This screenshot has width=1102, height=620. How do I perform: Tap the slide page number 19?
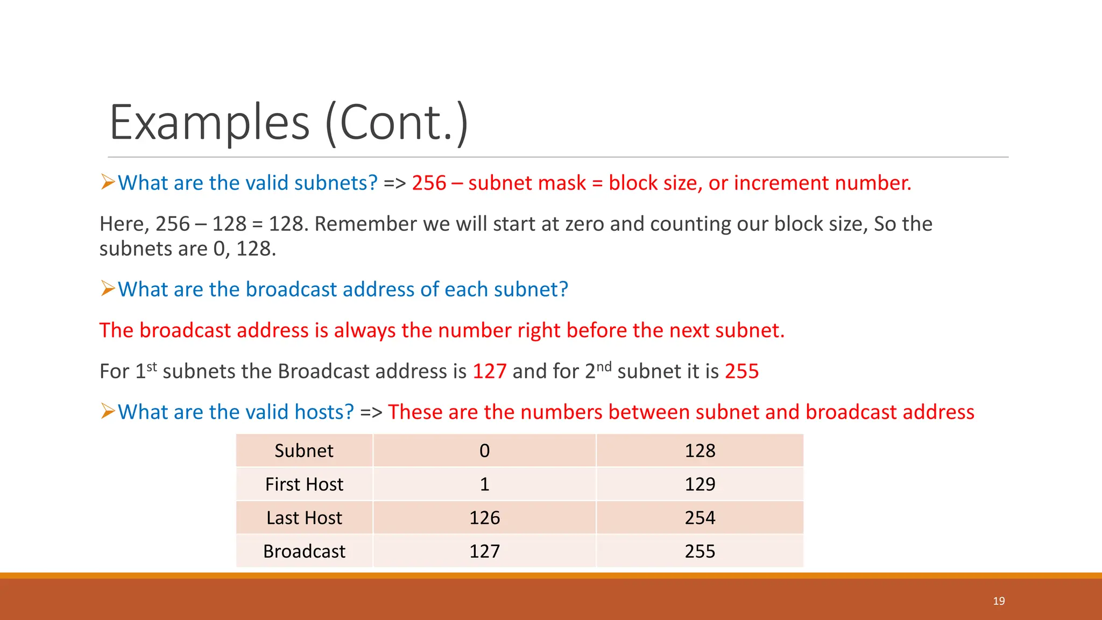(999, 601)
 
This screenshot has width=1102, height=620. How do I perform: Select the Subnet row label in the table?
(304, 451)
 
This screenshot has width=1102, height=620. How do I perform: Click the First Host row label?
(304, 484)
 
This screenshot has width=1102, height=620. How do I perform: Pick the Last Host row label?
(304, 518)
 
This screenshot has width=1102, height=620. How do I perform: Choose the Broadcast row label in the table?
(304, 552)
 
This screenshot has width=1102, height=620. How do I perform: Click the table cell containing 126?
(484, 518)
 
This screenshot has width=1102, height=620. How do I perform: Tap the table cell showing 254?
(700, 518)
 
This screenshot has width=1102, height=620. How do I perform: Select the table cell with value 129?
(700, 484)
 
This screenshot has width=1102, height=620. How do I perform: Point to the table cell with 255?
(700, 552)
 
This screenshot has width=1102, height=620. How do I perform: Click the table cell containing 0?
(484, 451)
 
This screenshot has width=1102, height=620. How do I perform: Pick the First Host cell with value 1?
(484, 484)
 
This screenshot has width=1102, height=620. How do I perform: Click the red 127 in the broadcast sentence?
(489, 371)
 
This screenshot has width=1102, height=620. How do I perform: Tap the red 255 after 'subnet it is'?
(741, 371)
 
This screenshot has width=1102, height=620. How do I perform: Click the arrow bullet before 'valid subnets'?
(108, 182)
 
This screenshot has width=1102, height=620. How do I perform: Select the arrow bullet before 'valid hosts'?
(108, 412)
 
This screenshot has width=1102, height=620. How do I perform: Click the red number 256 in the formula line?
(429, 183)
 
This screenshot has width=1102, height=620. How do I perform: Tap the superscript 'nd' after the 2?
(604, 367)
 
